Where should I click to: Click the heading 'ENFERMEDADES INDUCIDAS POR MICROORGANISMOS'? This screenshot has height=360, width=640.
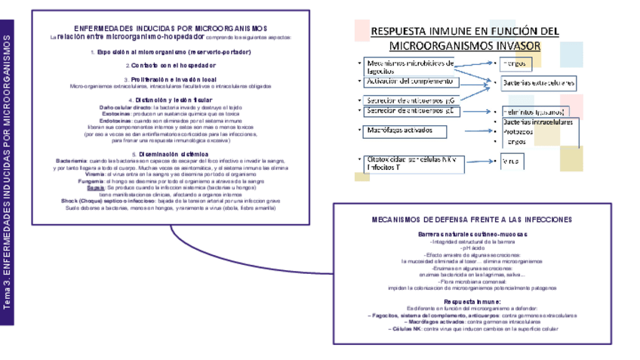[170, 28]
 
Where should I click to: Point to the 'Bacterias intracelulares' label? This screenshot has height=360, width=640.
[538, 122]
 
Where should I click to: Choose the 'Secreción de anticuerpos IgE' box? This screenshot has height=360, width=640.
[411, 111]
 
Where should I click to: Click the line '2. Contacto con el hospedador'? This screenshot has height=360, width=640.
[170, 66]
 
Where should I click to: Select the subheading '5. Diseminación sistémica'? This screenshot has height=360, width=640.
[170, 154]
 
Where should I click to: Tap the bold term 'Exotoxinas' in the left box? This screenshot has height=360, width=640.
[115, 114]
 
